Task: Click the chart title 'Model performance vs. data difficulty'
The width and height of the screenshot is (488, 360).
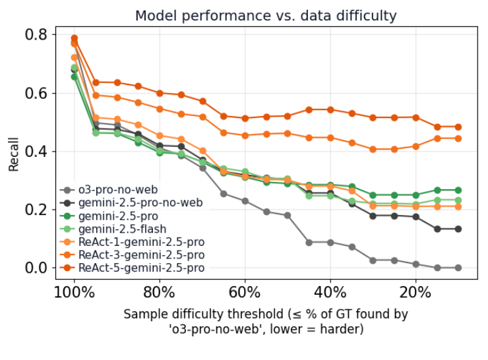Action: pyautogui.click(x=266, y=16)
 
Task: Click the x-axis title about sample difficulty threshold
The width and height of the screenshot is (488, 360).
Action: pyautogui.click(x=266, y=321)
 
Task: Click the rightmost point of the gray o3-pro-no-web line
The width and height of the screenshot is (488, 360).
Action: pyautogui.click(x=458, y=268)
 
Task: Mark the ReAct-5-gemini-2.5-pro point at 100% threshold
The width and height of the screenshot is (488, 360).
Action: pyautogui.click(x=74, y=38)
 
